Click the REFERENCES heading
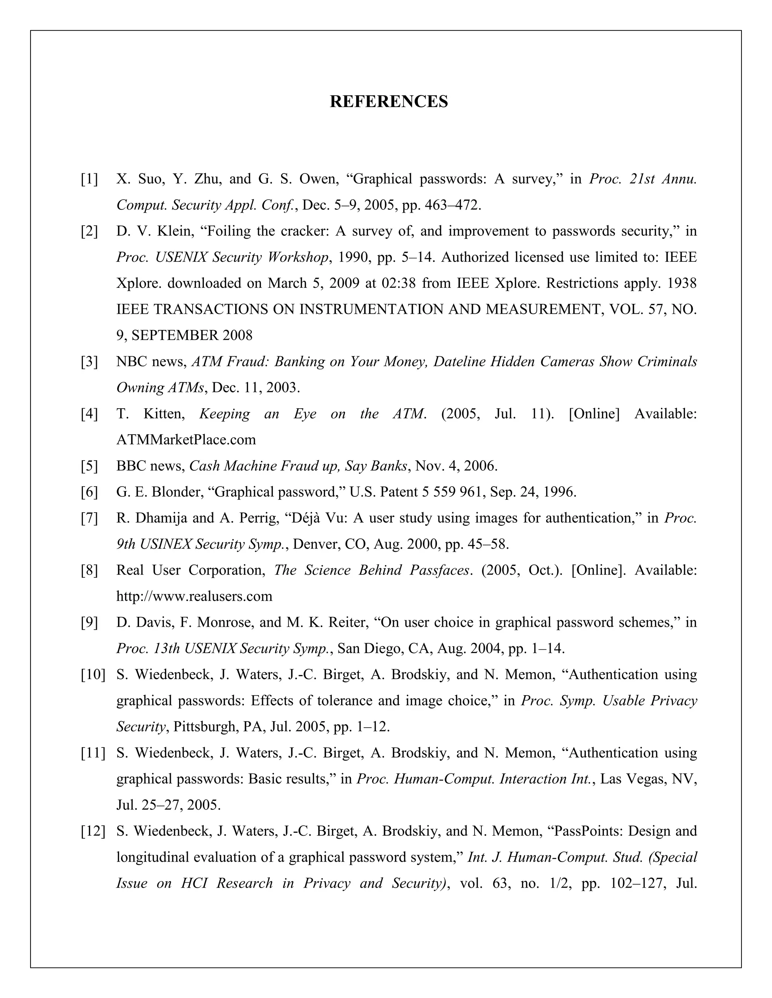(389, 101)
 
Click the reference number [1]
(90, 179)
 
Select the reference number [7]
(90, 518)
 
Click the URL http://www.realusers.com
(195, 596)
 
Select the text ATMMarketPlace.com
(186, 440)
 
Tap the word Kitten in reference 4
(164, 414)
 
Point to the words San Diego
(371, 649)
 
